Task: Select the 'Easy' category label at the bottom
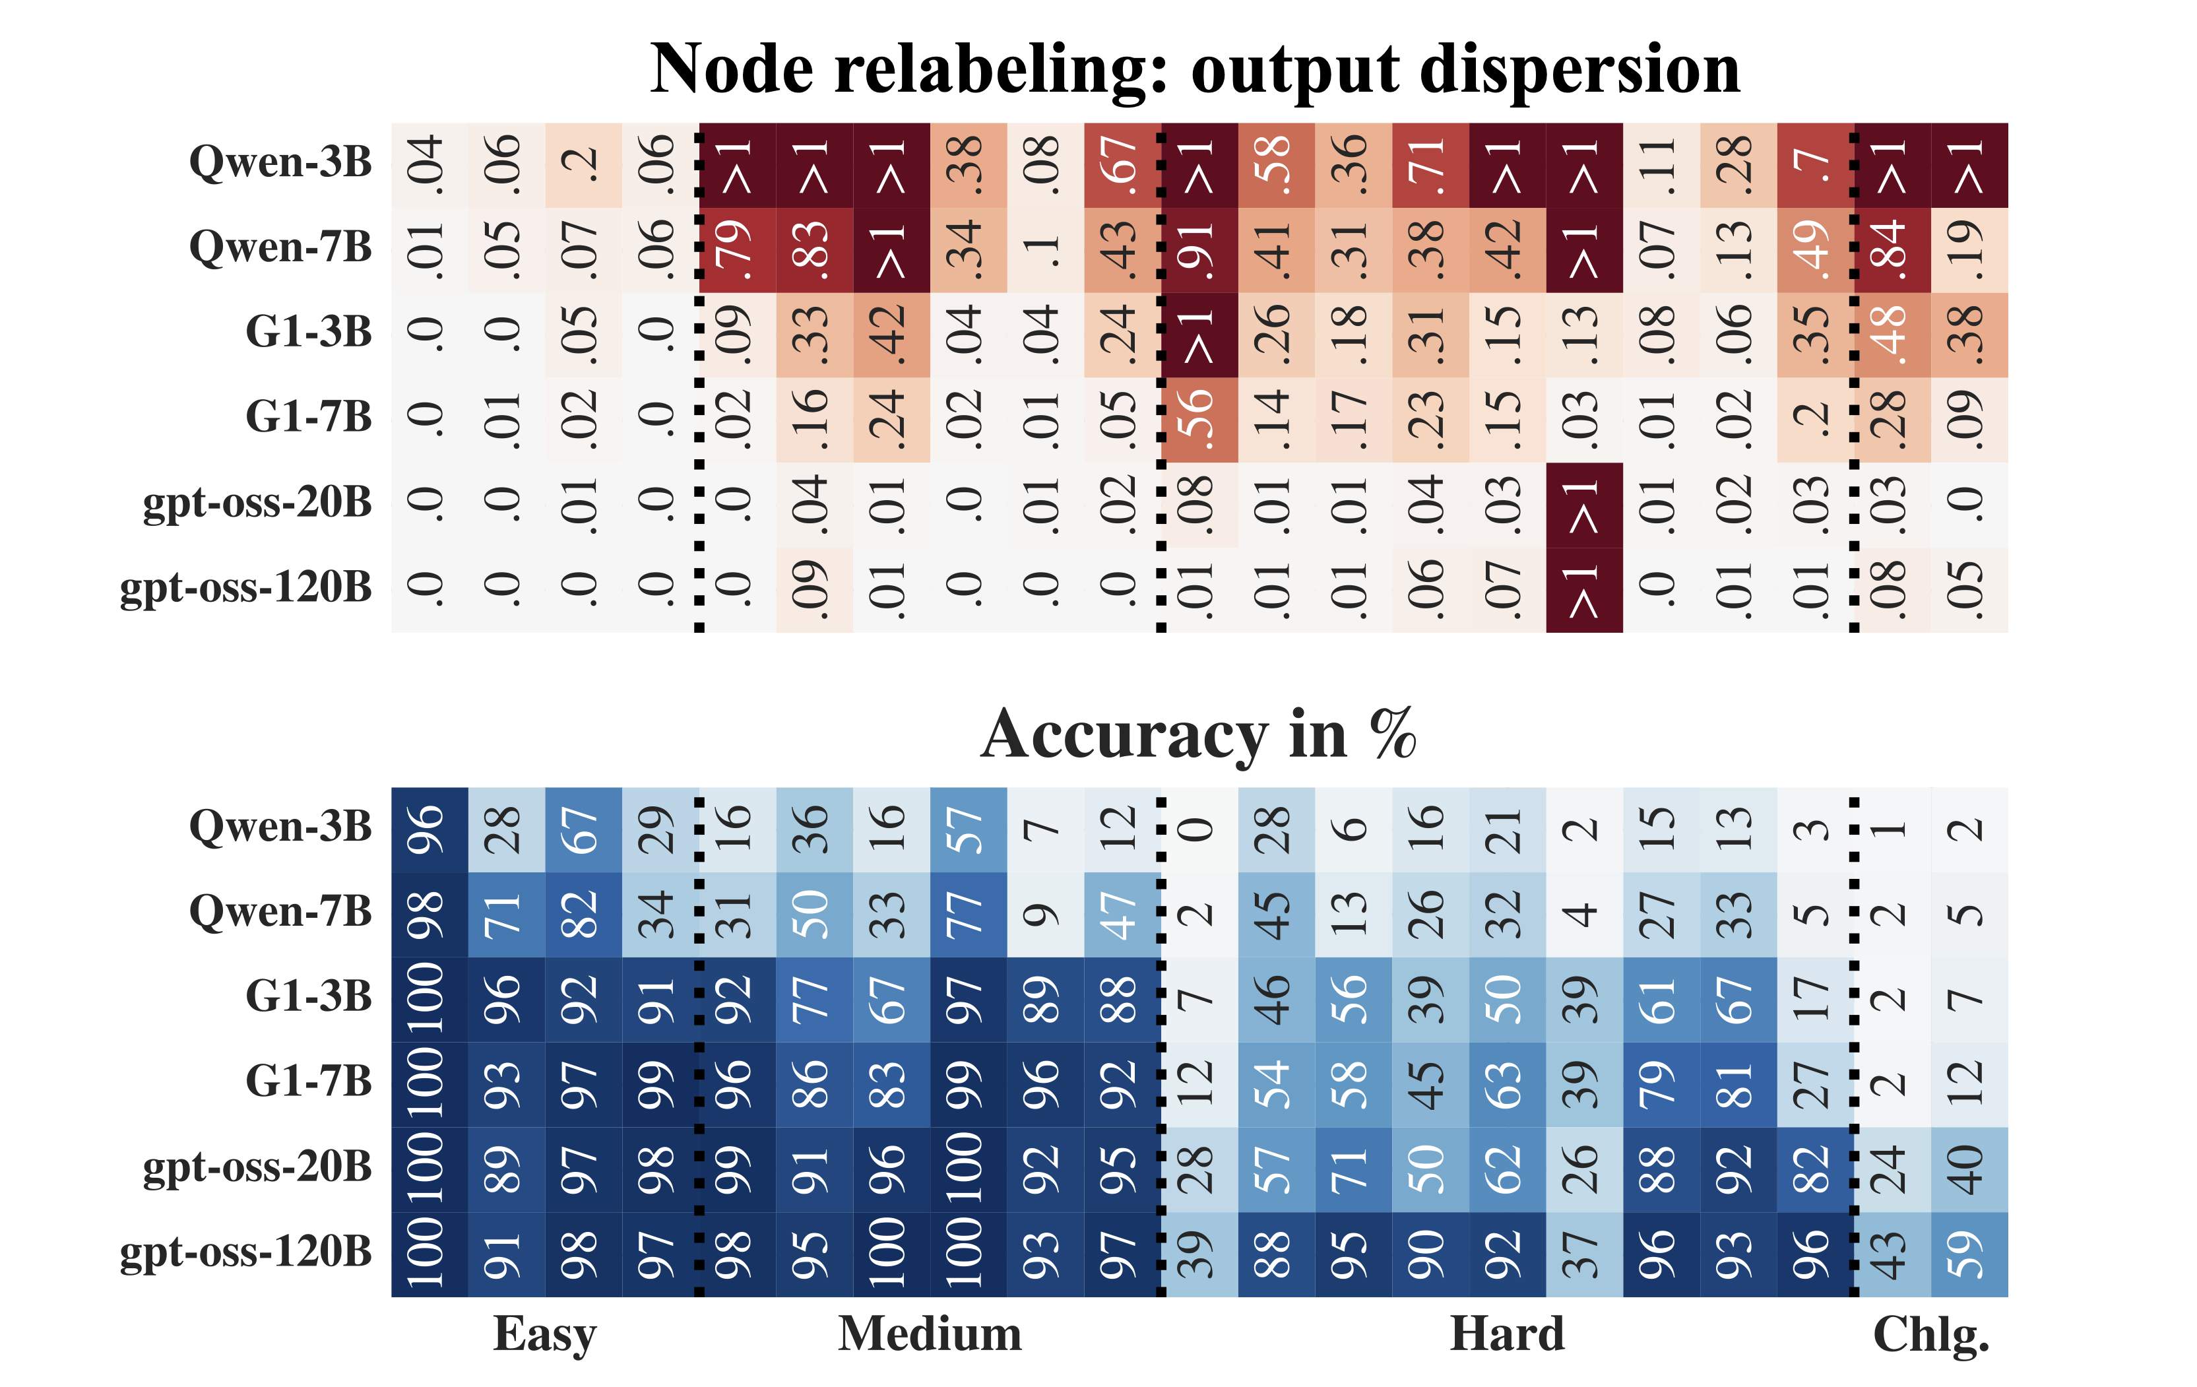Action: pyautogui.click(x=545, y=1334)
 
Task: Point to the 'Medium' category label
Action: pyautogui.click(x=930, y=1334)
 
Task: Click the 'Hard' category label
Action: pyautogui.click(x=1508, y=1334)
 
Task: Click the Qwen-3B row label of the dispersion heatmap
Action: pyautogui.click(x=280, y=162)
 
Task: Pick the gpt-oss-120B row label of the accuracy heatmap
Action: pyautogui.click(x=245, y=1252)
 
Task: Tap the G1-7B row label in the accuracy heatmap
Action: pyautogui.click(x=308, y=1082)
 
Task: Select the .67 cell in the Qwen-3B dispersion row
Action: pyautogui.click(x=1122, y=165)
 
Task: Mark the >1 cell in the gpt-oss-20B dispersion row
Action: pyautogui.click(x=1584, y=505)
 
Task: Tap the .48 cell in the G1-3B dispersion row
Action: pyautogui.click(x=1892, y=335)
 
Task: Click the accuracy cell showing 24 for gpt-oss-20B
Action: pyautogui.click(x=1892, y=1169)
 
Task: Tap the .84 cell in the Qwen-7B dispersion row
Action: pyautogui.click(x=1892, y=250)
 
